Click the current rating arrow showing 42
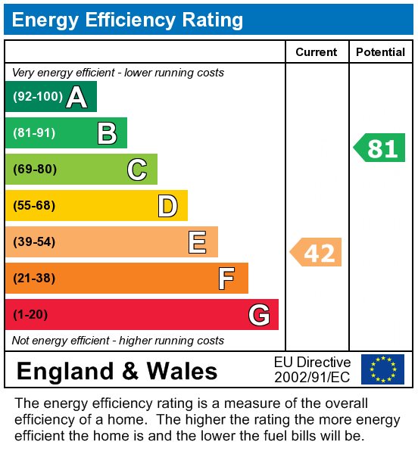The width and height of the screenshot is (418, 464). tap(317, 252)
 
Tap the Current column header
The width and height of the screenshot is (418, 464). tap(317, 52)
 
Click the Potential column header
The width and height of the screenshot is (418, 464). tap(380, 52)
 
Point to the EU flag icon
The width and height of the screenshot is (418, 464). tap(382, 369)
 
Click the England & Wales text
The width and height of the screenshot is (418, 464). tap(117, 371)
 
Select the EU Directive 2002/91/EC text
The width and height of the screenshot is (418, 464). tap(312, 369)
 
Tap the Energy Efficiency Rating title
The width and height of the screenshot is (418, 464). tap(128, 20)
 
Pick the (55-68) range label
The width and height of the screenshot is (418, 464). tap(35, 206)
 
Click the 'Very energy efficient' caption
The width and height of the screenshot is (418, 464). tap(118, 73)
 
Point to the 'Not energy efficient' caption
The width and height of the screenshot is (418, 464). tap(118, 341)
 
